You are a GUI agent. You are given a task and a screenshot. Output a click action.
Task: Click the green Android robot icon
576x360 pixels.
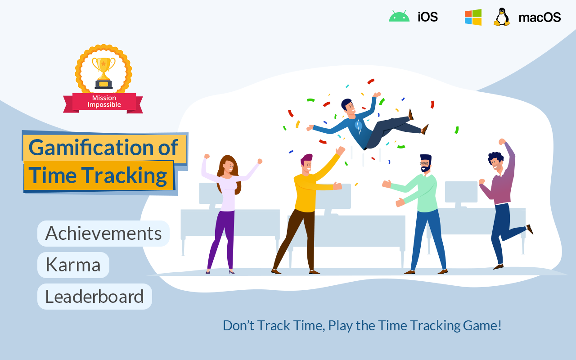click(x=399, y=17)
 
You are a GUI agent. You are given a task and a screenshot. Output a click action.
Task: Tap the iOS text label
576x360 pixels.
click(x=427, y=17)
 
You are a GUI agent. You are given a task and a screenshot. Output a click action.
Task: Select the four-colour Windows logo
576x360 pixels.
click(x=473, y=17)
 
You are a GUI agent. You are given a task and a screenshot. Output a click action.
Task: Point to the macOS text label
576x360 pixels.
click(x=540, y=17)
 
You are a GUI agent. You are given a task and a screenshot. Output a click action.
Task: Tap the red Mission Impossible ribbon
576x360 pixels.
click(x=103, y=102)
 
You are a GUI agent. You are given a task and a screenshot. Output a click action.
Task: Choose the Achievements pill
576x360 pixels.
click(x=103, y=233)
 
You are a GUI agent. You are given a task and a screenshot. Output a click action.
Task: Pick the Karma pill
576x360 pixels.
click(x=73, y=265)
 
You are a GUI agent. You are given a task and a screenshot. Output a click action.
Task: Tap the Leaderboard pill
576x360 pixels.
click(x=94, y=297)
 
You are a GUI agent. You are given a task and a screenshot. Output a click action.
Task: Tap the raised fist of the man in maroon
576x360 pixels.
click(x=502, y=142)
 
